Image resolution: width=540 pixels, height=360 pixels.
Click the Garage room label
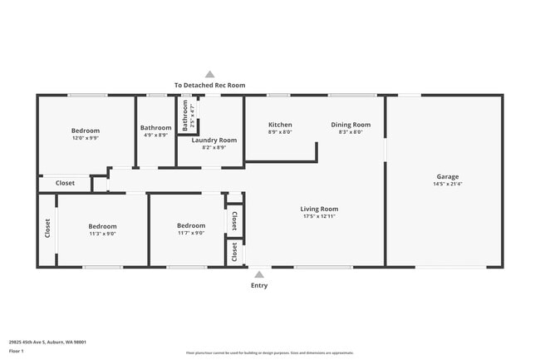(447, 176)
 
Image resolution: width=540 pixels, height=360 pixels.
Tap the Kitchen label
(280, 125)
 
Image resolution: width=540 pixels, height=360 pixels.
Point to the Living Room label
(319, 209)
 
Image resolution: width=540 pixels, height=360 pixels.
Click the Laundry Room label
(214, 140)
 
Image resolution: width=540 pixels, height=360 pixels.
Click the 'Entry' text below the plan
(259, 285)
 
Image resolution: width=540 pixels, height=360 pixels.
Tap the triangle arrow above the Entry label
(259, 274)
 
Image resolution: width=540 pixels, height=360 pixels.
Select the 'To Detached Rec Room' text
(209, 85)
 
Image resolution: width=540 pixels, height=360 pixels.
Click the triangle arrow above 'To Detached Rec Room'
(209, 74)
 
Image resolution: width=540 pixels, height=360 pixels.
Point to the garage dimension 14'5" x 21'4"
(447, 185)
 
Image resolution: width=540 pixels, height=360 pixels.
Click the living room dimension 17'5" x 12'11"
(319, 216)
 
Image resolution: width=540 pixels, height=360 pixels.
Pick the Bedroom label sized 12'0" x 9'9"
(85, 131)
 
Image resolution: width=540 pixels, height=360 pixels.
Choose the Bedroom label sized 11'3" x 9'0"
(102, 226)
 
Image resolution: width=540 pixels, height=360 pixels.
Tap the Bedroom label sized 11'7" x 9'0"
(190, 225)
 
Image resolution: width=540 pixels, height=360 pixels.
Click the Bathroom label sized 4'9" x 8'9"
(155, 127)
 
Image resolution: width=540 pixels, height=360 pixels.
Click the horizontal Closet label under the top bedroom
(65, 183)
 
